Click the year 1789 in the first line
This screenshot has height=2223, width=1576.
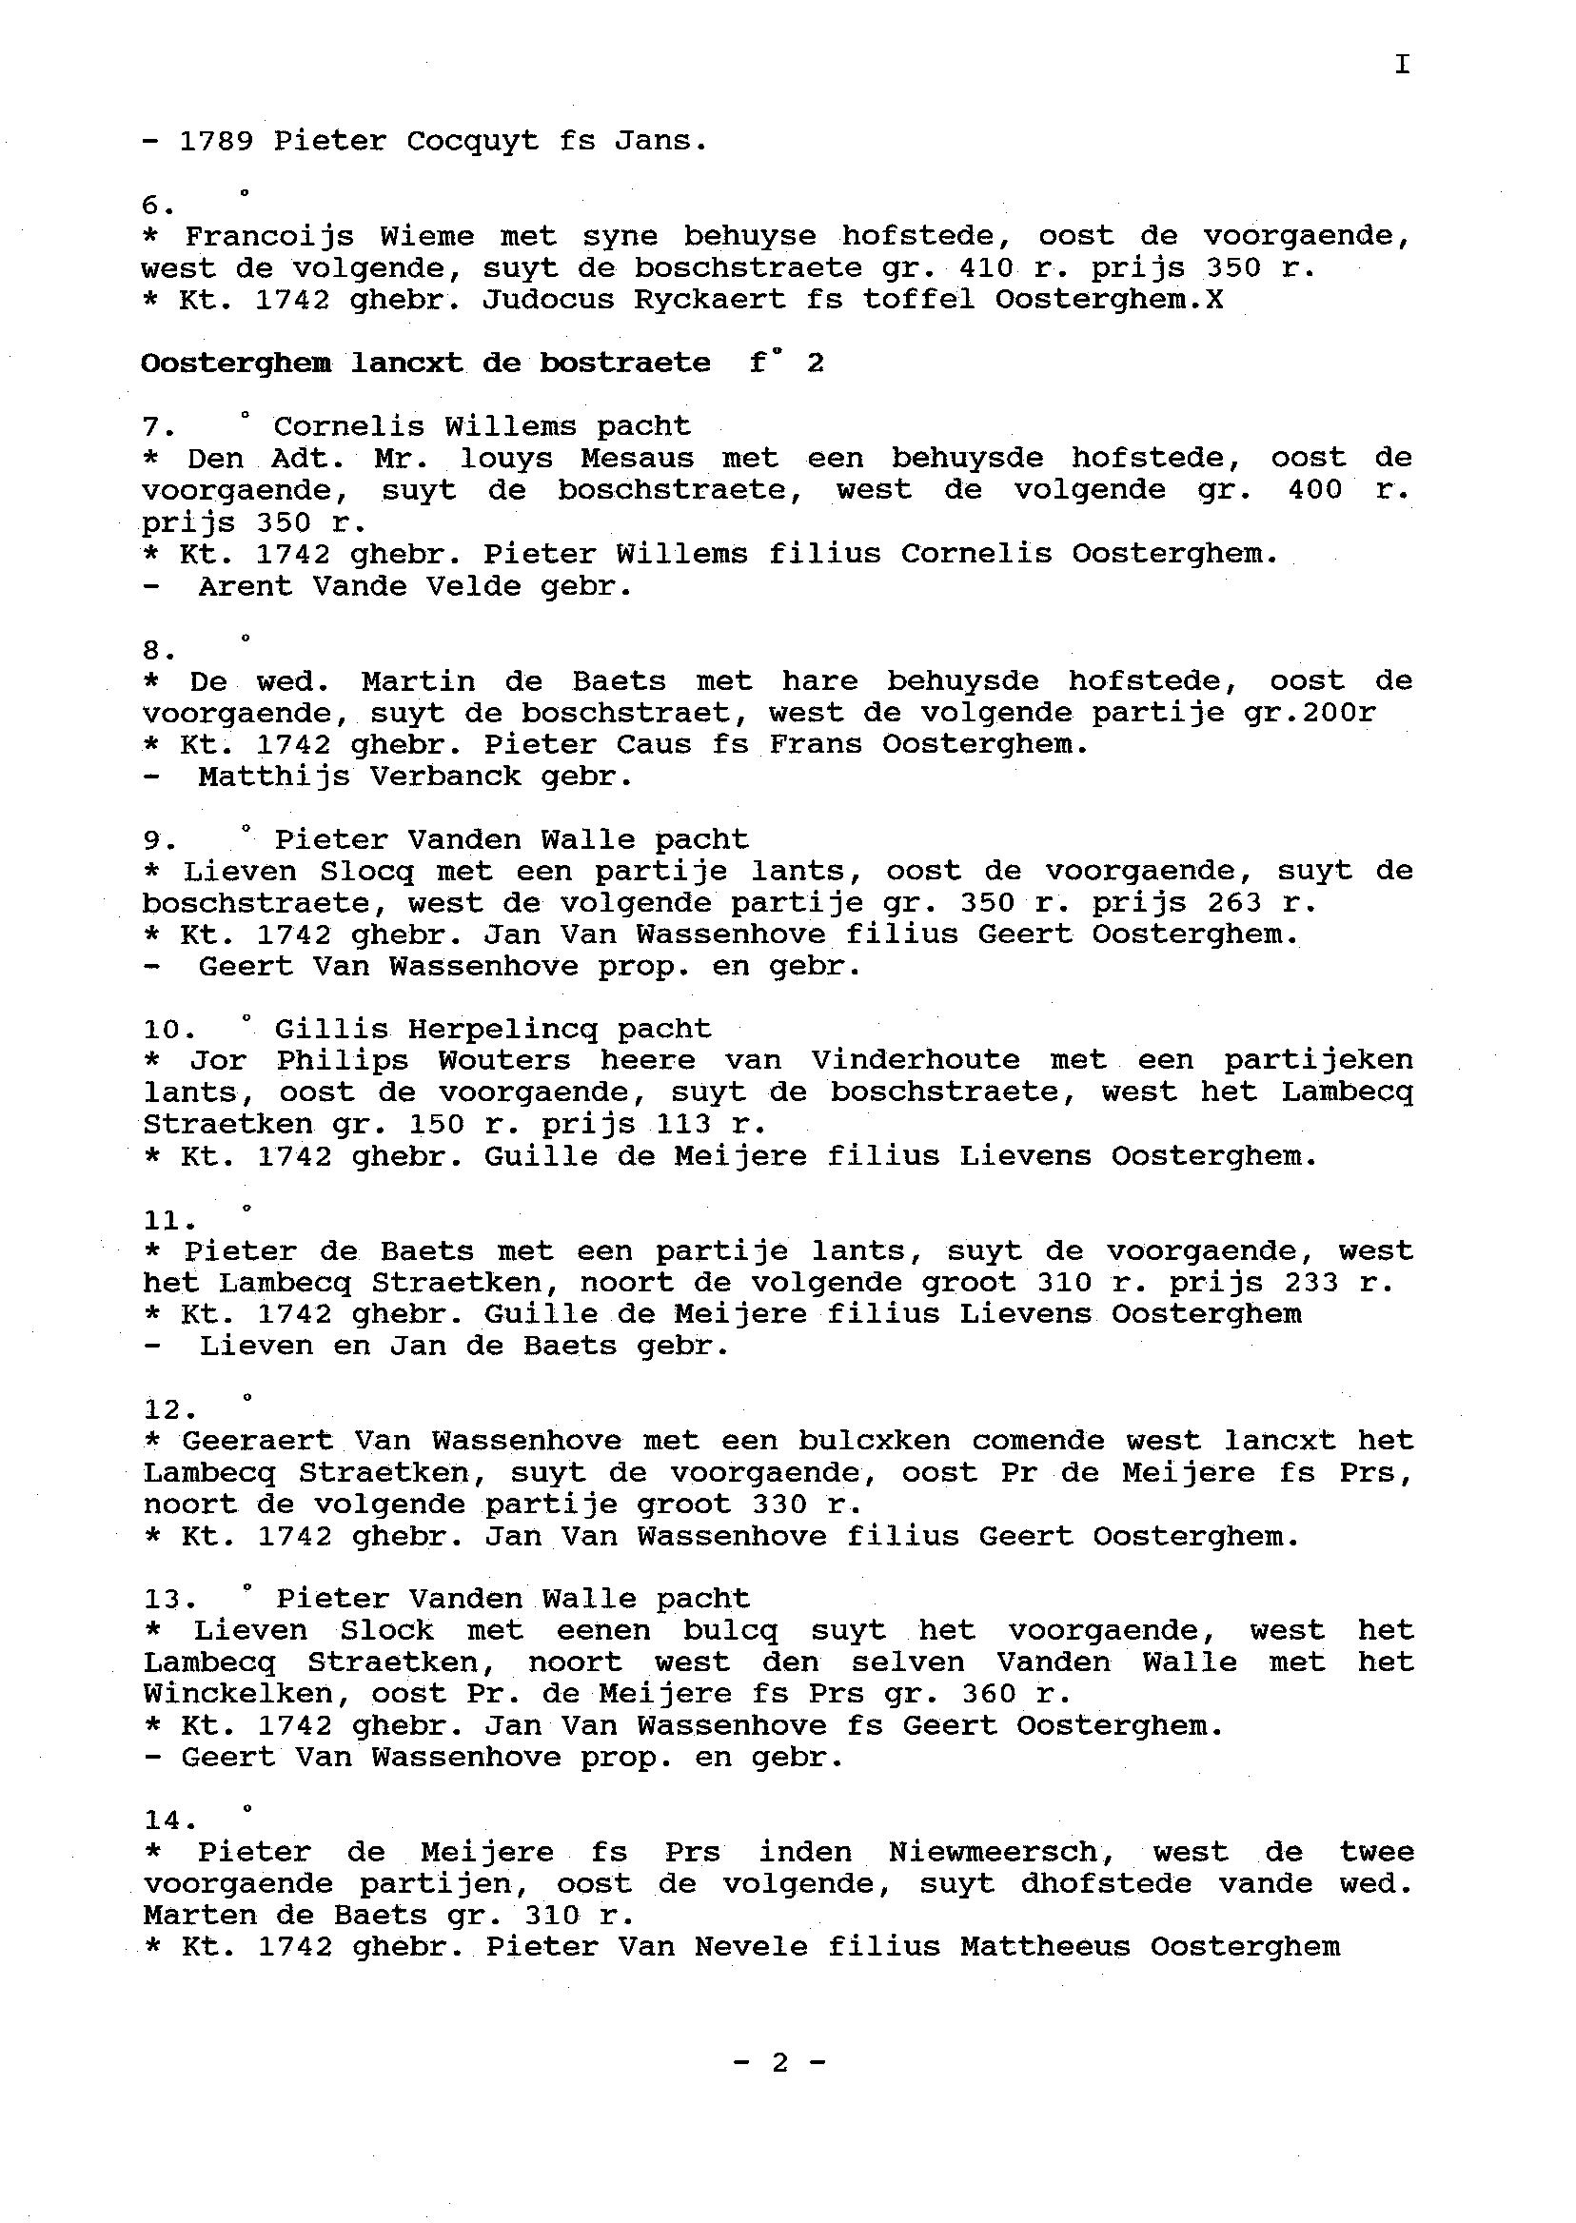216,142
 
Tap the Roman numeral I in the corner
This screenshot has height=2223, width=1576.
1401,65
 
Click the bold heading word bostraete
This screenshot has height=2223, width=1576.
625,363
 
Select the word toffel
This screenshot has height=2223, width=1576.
919,300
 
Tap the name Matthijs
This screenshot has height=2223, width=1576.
274,777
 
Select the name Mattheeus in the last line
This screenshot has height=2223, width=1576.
1044,1947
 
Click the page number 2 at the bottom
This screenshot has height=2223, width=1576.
780,2063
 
